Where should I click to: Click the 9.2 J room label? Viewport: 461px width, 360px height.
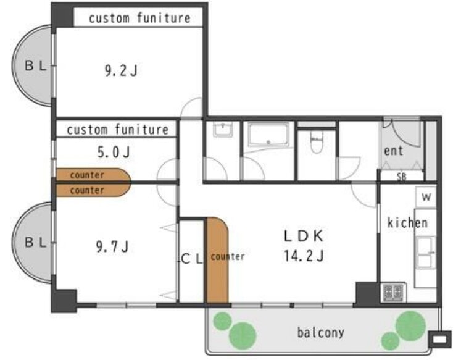[121, 71]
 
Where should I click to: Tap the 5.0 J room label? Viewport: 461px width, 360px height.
[114, 153]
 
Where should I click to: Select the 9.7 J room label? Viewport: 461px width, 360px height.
[112, 246]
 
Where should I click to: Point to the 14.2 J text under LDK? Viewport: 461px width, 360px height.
[304, 256]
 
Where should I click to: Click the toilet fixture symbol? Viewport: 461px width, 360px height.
[317, 142]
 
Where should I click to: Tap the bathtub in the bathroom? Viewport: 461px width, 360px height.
[268, 135]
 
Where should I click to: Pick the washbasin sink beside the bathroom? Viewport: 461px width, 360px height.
[223, 130]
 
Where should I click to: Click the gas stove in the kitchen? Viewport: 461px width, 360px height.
[393, 292]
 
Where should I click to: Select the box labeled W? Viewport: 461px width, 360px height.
[426, 197]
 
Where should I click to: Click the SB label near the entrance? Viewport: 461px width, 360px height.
[402, 177]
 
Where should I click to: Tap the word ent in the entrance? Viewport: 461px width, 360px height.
[394, 151]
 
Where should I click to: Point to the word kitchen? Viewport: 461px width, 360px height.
[407, 223]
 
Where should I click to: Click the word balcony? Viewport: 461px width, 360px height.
[321, 333]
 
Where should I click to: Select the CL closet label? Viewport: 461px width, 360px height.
[192, 259]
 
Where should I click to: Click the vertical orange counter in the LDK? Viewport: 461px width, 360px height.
[217, 261]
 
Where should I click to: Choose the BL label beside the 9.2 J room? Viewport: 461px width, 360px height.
[36, 65]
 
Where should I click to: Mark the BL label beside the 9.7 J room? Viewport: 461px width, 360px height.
[36, 243]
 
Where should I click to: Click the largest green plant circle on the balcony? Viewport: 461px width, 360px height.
[410, 325]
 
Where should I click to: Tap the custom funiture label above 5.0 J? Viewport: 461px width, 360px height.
[118, 130]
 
